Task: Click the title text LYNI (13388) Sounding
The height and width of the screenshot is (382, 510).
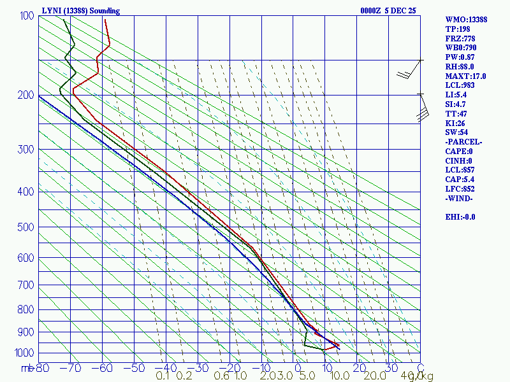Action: tap(80, 11)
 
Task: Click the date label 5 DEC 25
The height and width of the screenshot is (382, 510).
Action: tap(398, 11)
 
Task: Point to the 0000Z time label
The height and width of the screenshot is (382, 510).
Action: tap(370, 11)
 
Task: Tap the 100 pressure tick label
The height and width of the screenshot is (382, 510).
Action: tap(27, 16)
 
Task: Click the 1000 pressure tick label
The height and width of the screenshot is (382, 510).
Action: tap(25, 353)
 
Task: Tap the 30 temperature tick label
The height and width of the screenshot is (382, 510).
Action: tap(389, 368)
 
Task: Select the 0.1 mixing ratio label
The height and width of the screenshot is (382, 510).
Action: tap(162, 376)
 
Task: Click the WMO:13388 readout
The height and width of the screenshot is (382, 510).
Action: tap(466, 20)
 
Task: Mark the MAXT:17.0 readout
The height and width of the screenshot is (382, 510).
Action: tap(465, 76)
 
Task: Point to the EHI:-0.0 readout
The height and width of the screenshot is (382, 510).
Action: tap(460, 217)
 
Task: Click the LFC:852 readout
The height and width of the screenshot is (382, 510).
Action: tap(461, 189)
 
